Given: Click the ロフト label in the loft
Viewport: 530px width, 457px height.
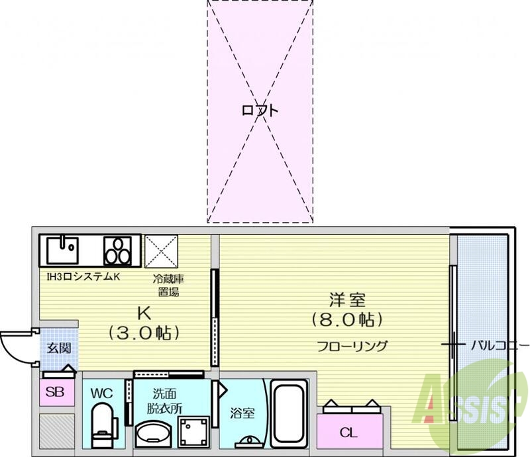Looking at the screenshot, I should click(x=259, y=110).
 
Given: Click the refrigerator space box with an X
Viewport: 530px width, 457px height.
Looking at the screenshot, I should click(x=162, y=251).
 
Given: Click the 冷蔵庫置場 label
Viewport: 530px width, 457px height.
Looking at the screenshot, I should click(x=167, y=286).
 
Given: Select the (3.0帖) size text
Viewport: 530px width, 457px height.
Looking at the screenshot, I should click(x=144, y=333).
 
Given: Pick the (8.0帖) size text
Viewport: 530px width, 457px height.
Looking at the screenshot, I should click(x=346, y=320).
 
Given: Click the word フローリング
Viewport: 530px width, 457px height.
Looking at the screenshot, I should click(x=352, y=345).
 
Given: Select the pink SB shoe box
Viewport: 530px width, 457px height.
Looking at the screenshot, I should click(x=55, y=392).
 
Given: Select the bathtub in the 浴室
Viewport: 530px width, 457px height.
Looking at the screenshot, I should click(x=290, y=413).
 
